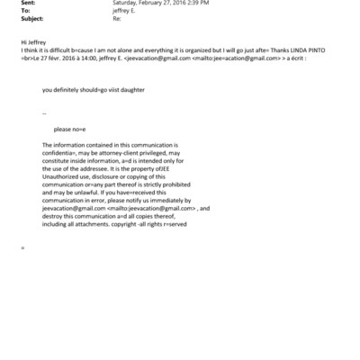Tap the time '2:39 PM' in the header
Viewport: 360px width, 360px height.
(x=199, y=3)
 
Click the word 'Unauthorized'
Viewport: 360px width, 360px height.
(x=62, y=181)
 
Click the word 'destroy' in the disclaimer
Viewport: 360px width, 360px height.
(x=54, y=218)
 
